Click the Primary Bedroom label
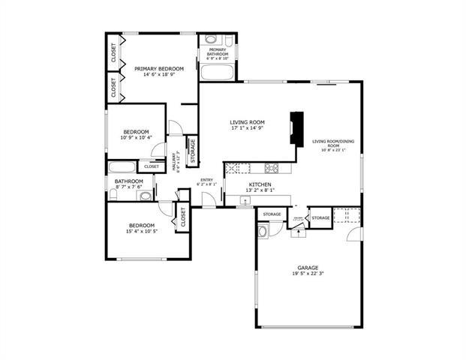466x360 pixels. (x=159, y=68)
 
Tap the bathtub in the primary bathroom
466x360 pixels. (x=217, y=72)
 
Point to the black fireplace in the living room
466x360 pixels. (x=297, y=127)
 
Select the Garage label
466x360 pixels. (x=308, y=268)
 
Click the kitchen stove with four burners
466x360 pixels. (x=271, y=168)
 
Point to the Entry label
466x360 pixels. (x=206, y=179)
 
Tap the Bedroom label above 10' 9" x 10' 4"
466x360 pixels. (x=136, y=131)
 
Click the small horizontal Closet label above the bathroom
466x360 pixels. (x=152, y=166)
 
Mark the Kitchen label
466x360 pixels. (x=260, y=184)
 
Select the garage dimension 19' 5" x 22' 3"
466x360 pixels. (x=308, y=274)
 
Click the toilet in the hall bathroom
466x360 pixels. (x=113, y=194)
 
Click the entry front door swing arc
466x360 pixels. (x=211, y=199)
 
